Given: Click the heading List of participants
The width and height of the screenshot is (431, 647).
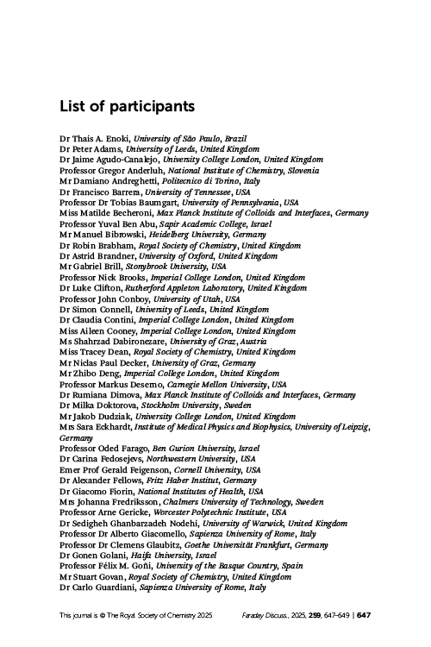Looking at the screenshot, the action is [127, 107].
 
